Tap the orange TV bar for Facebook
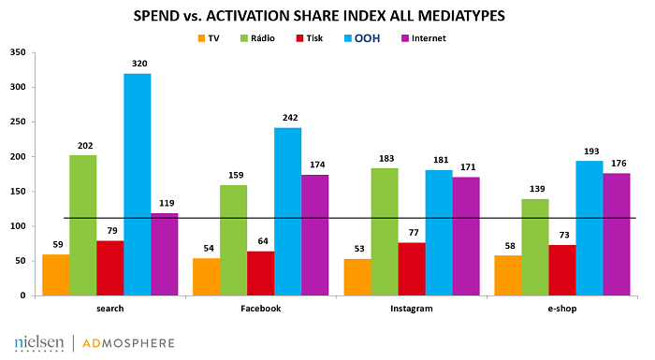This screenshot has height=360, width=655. (x=206, y=277)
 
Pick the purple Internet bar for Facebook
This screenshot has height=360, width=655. (x=315, y=235)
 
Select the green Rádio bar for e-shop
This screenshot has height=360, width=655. (x=534, y=247)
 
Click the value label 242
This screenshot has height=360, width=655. (x=288, y=120)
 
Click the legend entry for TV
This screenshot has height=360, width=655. (x=208, y=37)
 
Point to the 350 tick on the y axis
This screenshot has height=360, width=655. (x=16, y=52)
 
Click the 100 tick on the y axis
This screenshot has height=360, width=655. (x=16, y=226)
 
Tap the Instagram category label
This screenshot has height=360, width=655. (x=411, y=308)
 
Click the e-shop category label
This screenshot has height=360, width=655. (x=561, y=308)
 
